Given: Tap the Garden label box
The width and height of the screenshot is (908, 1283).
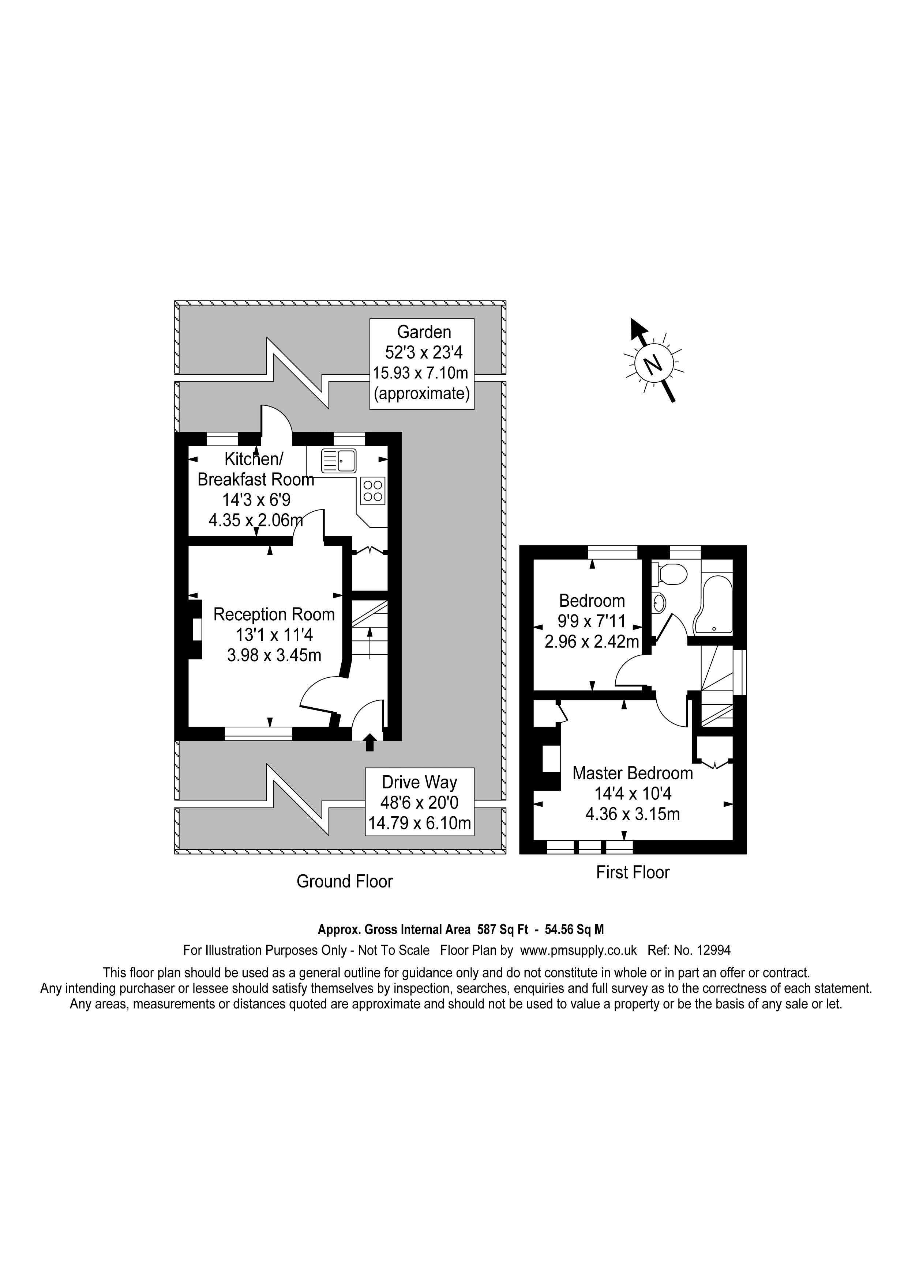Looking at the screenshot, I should pos(422,363).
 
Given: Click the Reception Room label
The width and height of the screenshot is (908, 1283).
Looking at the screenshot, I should pos(274,615).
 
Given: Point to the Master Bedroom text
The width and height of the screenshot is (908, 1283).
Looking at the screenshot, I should pos(633,773).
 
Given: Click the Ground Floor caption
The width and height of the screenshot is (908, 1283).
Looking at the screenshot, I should pos(344,881).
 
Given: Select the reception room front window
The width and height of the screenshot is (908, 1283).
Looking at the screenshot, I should pos(258,734).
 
